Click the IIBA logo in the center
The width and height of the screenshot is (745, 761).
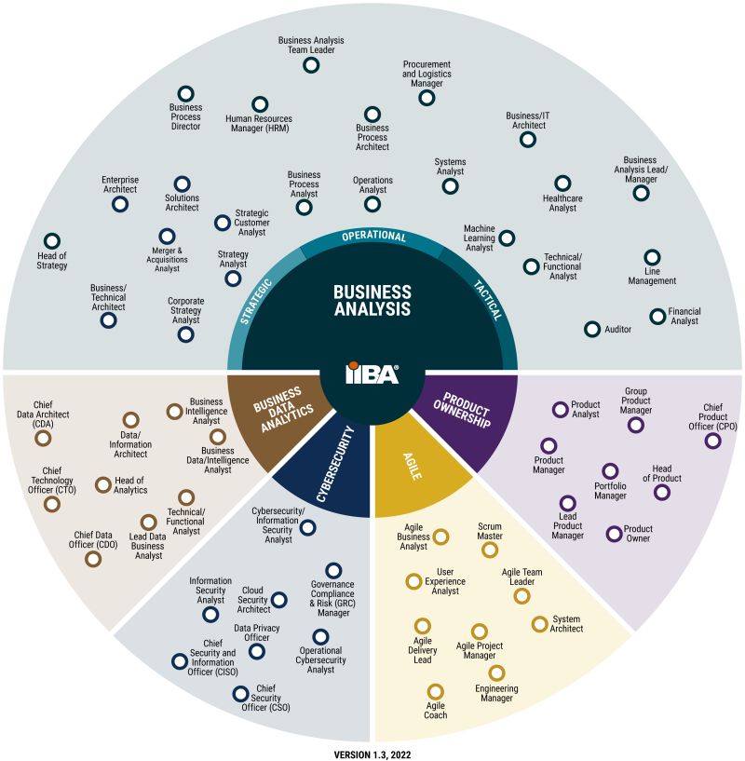pyautogui.click(x=372, y=374)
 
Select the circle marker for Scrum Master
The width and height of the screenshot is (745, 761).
pyautogui.click(x=489, y=550)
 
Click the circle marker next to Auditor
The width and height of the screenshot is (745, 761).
pyautogui.click(x=591, y=329)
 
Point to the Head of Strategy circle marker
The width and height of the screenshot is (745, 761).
pyautogui.click(x=52, y=241)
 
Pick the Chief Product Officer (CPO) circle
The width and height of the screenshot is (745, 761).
pyautogui.click(x=712, y=441)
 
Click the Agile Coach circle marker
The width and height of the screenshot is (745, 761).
pyautogui.click(x=435, y=691)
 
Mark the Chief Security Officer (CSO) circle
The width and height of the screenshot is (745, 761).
pyautogui.click(x=240, y=693)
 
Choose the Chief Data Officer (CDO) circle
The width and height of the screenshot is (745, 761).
pyautogui.click(x=92, y=559)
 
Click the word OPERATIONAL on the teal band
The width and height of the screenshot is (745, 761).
pyautogui.click(x=373, y=237)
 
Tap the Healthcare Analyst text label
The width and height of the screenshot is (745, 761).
pyautogui.click(x=562, y=204)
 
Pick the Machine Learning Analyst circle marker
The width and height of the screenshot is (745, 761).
pyautogui.click(x=507, y=238)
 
